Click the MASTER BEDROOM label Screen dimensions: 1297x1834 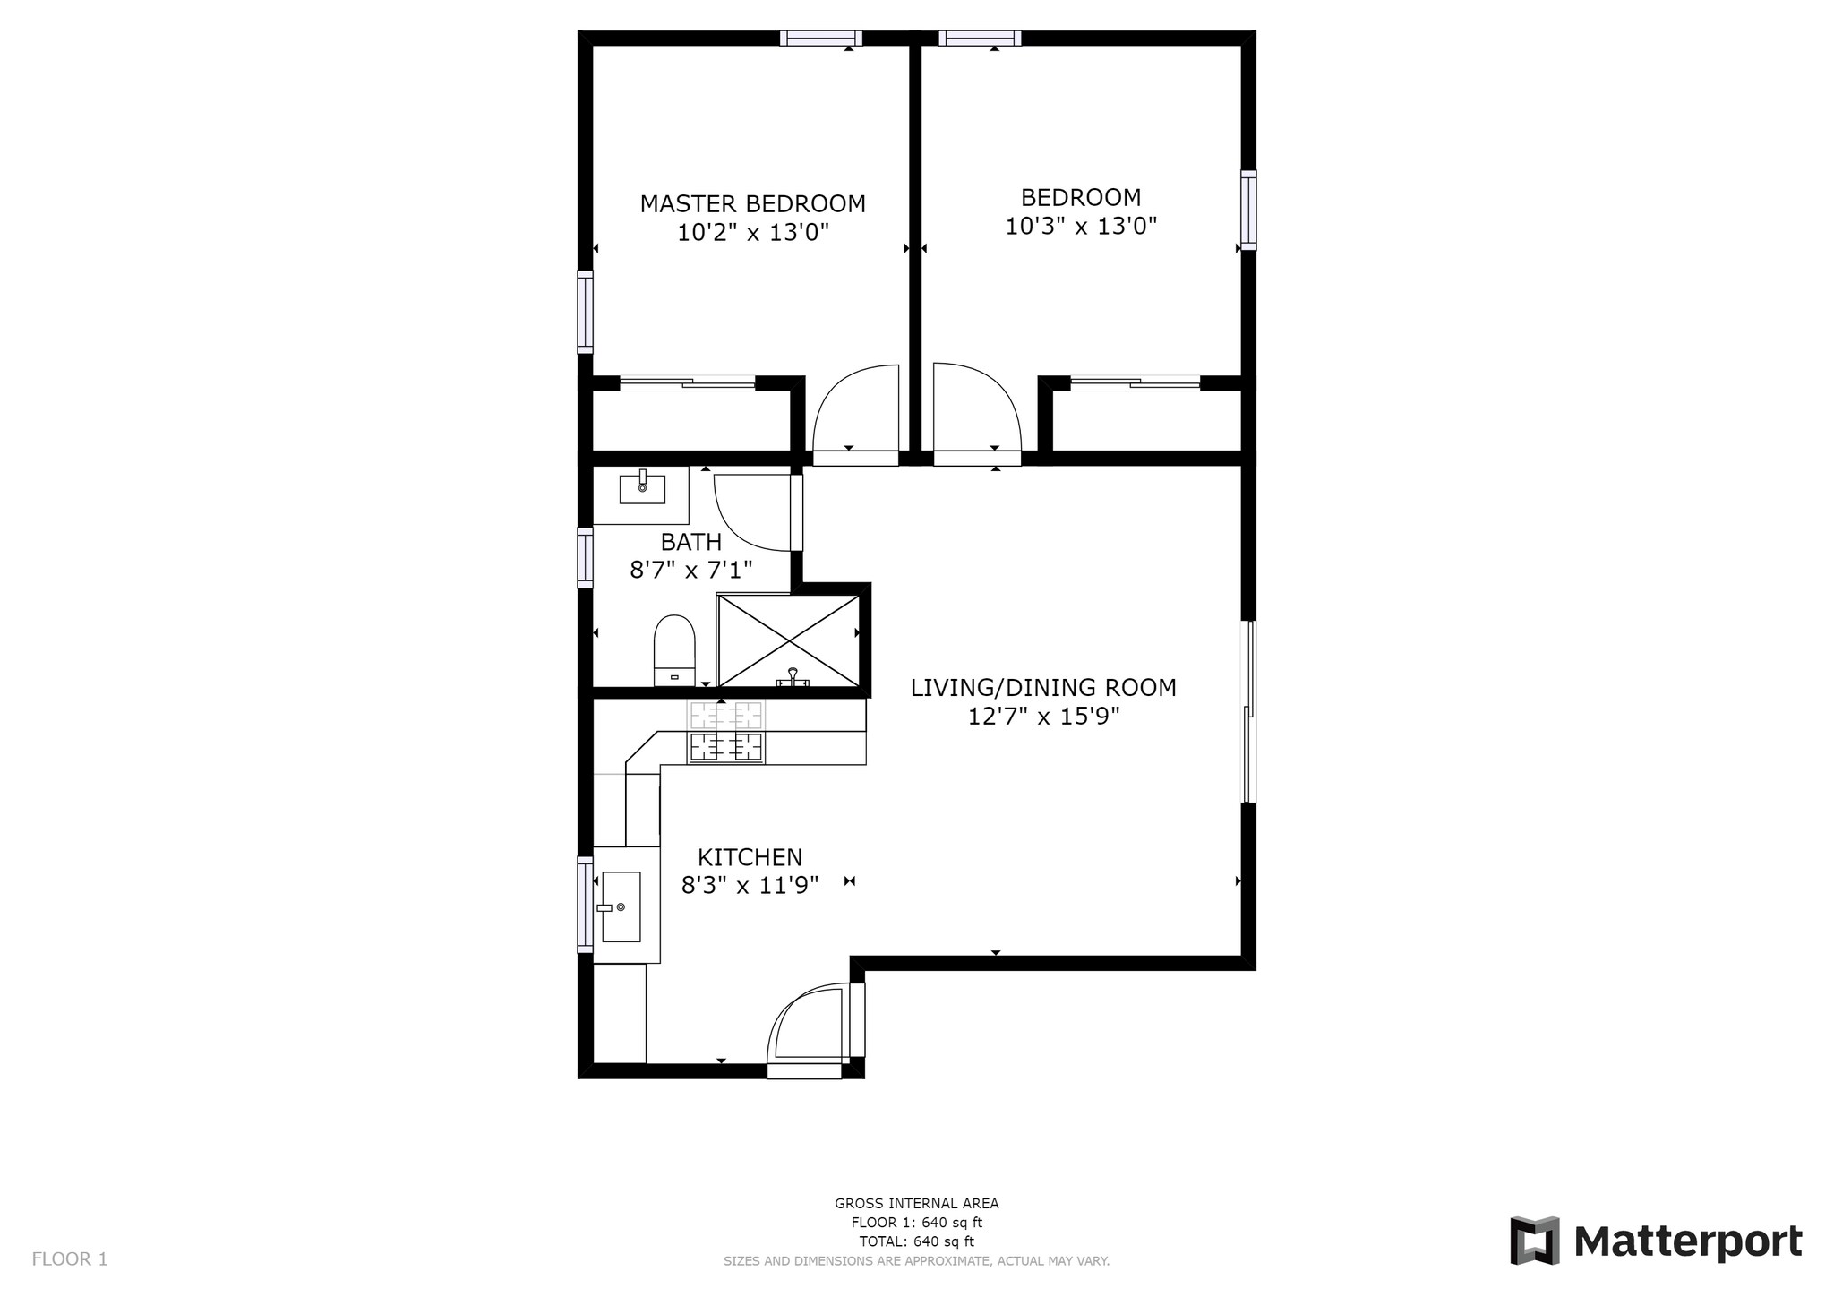coord(752,204)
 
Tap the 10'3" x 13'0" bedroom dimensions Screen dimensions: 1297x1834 coord(1081,226)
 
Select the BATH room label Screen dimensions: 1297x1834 coord(690,542)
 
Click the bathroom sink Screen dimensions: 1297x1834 coord(642,489)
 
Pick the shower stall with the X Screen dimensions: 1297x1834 coord(788,640)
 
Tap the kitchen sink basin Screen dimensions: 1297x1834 coord(621,906)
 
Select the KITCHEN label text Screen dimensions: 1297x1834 coord(750,857)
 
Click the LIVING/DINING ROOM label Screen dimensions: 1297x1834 coord(1043,688)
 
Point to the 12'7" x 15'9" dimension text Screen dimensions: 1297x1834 coord(1043,717)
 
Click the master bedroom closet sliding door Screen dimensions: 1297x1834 coord(688,383)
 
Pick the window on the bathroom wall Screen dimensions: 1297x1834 coord(585,557)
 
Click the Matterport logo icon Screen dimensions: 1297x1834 coord(1534,1241)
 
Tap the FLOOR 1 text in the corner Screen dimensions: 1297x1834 coord(70,1259)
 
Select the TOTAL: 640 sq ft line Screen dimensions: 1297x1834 coord(916,1241)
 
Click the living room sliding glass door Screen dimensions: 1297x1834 coord(1248,712)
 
